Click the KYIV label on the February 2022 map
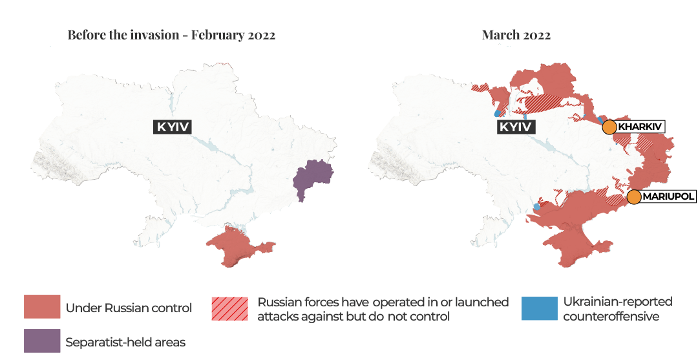[x=173, y=127]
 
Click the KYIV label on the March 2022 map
[x=516, y=127]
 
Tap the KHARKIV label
[x=640, y=127]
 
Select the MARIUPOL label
[x=668, y=195]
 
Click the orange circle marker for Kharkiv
[x=609, y=127]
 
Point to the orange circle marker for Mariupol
[x=634, y=197]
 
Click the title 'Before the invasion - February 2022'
[x=171, y=35]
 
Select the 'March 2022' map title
[x=516, y=35]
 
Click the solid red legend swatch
[x=42, y=307]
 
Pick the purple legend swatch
[x=42, y=341]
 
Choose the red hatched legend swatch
[x=229, y=309]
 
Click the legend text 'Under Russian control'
[x=129, y=308]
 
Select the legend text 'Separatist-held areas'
[x=125, y=343]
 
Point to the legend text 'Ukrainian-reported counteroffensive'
[x=617, y=309]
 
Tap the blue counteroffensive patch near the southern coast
[x=536, y=207]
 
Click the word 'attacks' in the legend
[x=277, y=317]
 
